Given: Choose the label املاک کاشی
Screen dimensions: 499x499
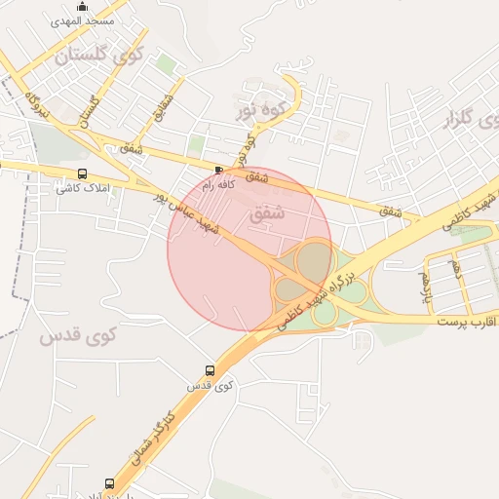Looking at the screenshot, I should pos(85,187).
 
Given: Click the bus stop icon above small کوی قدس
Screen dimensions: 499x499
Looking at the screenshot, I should pos(210,370).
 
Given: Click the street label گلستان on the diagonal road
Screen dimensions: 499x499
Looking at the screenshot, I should pos(94,112).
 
